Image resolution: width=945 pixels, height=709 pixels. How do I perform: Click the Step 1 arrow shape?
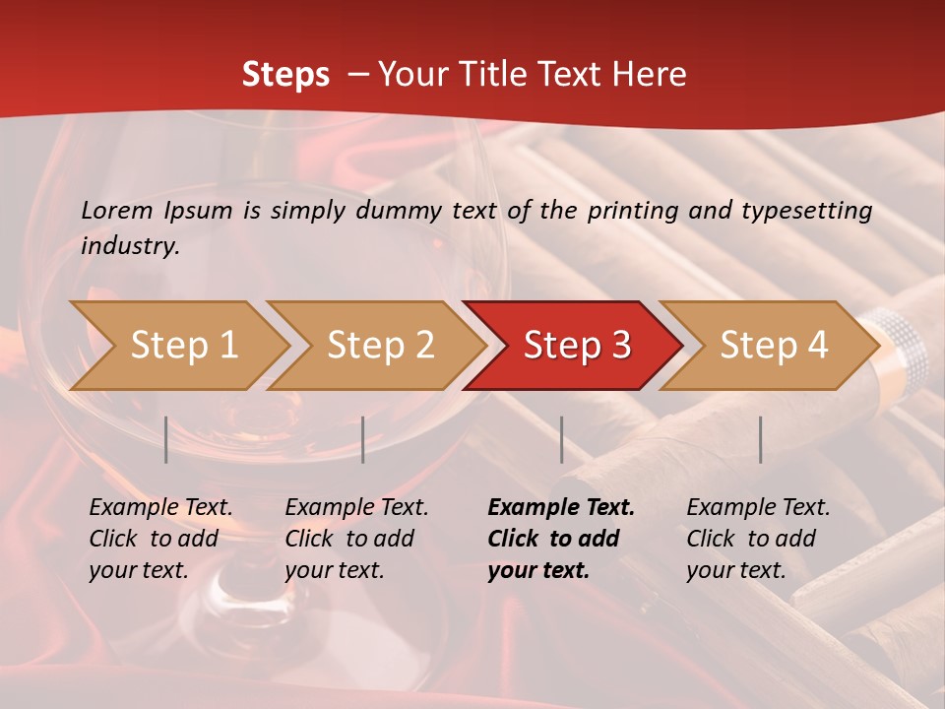[x=177, y=346]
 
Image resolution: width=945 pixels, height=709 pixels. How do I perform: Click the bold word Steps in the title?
[x=285, y=75]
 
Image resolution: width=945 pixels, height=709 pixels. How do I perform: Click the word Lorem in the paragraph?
[x=117, y=210]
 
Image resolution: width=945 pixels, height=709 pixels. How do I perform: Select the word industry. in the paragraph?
[x=131, y=246]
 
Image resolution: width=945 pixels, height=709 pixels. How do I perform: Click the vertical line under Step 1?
[x=166, y=439]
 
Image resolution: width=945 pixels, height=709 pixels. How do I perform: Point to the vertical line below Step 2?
[x=363, y=439]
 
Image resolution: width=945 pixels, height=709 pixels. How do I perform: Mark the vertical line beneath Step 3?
[x=561, y=439]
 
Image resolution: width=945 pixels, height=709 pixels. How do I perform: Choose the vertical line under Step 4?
[x=760, y=439]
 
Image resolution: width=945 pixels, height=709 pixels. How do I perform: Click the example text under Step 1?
[x=160, y=539]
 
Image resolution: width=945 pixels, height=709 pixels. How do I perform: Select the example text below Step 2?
[x=356, y=539]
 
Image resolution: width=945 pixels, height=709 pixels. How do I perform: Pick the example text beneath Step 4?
[x=758, y=539]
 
